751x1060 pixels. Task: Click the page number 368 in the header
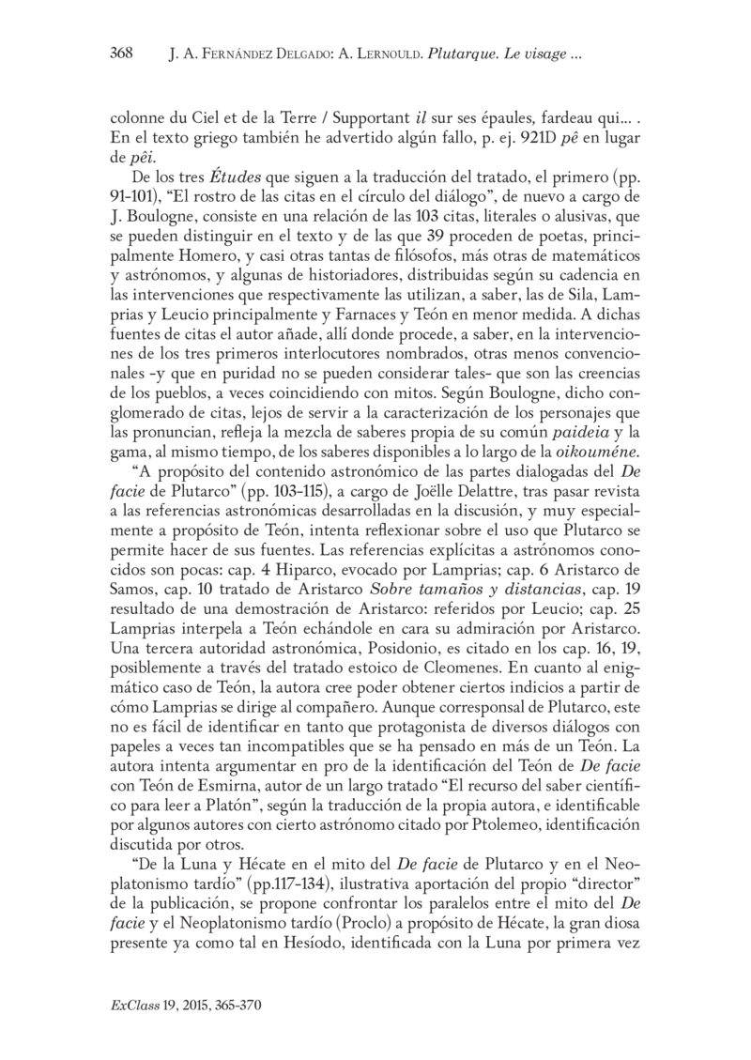(x=122, y=54)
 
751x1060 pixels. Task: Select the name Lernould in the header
(x=381, y=54)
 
